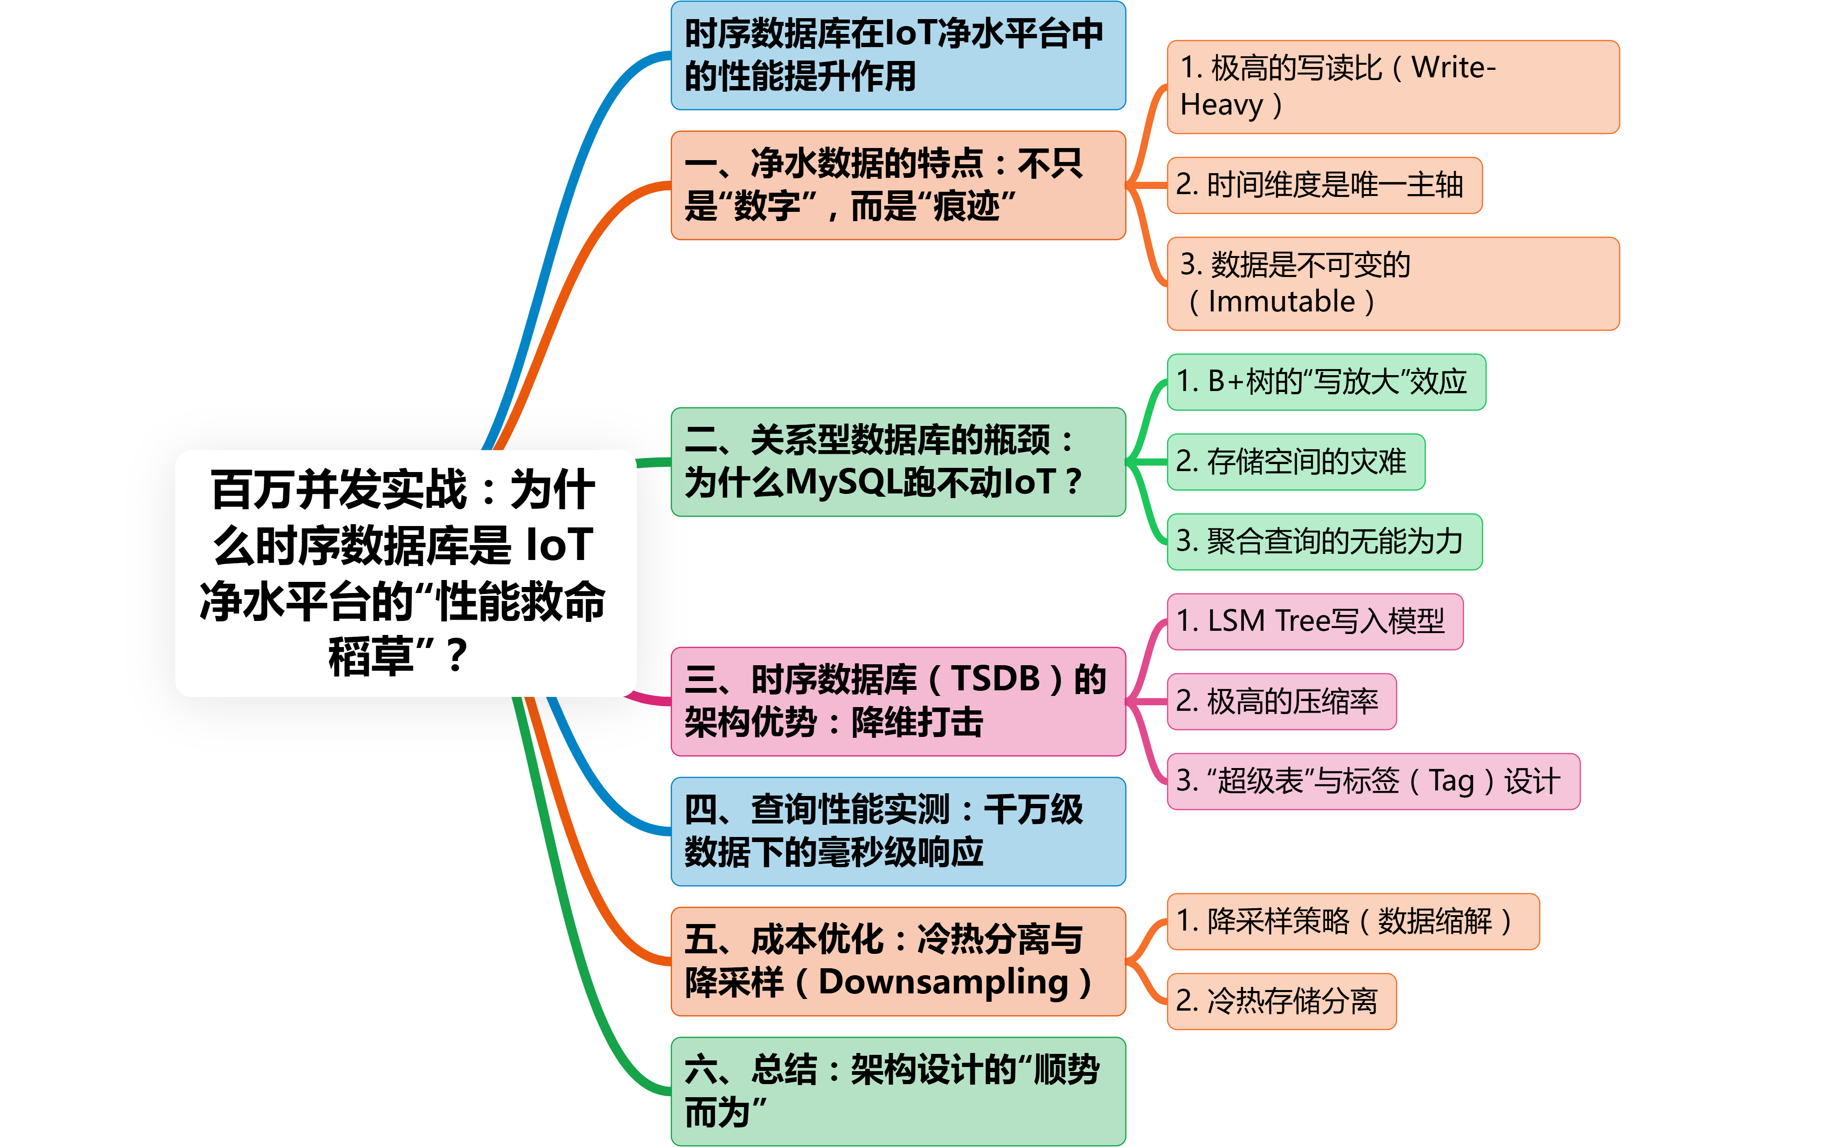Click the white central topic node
405,573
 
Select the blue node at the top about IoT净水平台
897,55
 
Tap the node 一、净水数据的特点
897,185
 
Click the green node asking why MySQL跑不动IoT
897,462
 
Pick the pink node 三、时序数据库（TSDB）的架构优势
897,701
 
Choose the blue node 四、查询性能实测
897,830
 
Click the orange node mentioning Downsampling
897,961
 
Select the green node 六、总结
897,1091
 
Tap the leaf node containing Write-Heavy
1392,87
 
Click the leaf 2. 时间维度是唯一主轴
1324,185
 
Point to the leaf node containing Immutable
1392,283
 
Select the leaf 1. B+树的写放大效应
1325,382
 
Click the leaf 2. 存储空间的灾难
1295,462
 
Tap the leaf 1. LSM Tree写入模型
1314,621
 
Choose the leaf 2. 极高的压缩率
1281,701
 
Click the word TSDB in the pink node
995,679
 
